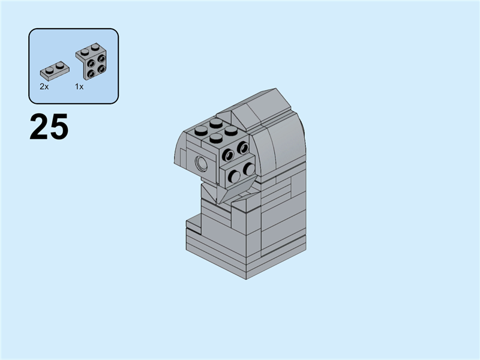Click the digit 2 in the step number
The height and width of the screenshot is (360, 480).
(x=39, y=127)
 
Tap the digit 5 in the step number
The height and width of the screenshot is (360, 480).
(x=58, y=127)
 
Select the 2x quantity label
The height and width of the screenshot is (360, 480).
(x=44, y=86)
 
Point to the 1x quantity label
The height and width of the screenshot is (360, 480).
(x=79, y=86)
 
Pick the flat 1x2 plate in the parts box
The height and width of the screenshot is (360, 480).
(x=55, y=71)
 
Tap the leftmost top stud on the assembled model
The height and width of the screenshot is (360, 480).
(x=201, y=131)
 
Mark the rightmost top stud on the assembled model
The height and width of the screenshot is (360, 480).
(x=231, y=130)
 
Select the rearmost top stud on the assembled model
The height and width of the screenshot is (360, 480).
(x=216, y=124)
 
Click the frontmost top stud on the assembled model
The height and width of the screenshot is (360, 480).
(x=216, y=138)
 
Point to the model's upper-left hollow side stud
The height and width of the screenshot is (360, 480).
(x=228, y=155)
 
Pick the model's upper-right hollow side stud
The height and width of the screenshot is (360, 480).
(x=242, y=148)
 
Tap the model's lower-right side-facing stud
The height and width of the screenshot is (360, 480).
(x=248, y=169)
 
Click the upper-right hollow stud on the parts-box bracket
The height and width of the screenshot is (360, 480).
(x=101, y=59)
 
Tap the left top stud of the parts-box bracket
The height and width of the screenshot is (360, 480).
(x=84, y=51)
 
